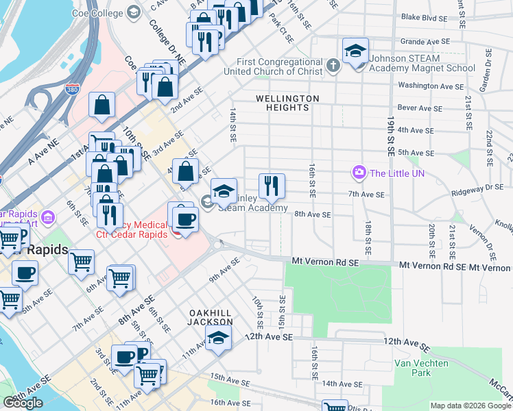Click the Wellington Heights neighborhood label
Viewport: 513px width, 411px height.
(x=287, y=103)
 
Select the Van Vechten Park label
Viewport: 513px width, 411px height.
(x=421, y=368)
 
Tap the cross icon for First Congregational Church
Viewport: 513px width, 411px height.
(x=333, y=66)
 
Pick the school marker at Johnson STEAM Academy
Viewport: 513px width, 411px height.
(x=355, y=51)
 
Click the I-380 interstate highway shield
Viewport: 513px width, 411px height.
(x=73, y=88)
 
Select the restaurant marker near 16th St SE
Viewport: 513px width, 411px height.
(x=272, y=184)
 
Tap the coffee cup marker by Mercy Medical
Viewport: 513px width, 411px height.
(x=184, y=219)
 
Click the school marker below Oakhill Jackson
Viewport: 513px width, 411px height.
(x=218, y=338)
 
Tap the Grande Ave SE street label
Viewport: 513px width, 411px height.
(x=425, y=41)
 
